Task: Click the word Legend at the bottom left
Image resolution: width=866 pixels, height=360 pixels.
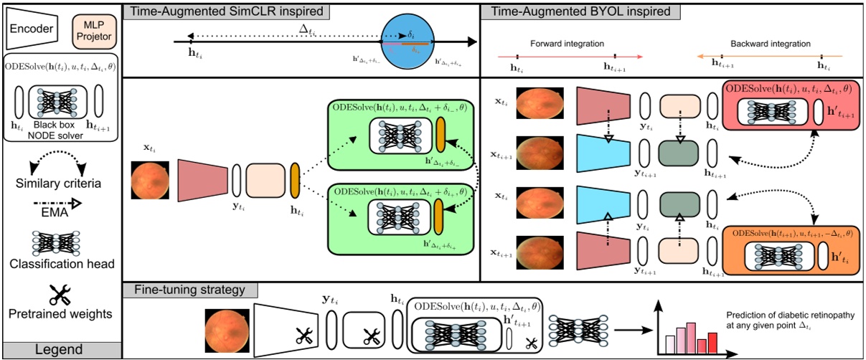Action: pos(58,350)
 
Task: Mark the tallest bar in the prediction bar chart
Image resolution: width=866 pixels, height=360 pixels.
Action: pos(692,333)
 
